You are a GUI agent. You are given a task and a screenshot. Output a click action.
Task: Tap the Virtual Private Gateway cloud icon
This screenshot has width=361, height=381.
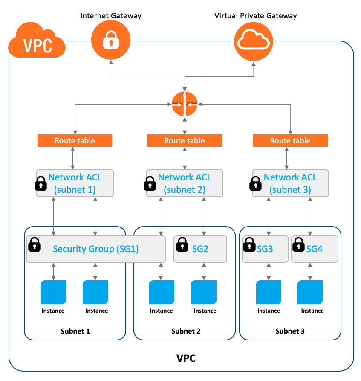coord(254,41)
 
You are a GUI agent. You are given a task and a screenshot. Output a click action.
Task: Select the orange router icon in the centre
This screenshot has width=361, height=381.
coord(185,104)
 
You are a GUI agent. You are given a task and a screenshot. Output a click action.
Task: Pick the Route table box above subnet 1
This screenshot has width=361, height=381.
coord(75,140)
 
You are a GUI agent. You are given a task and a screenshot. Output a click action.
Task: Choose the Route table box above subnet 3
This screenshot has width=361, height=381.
coord(290,140)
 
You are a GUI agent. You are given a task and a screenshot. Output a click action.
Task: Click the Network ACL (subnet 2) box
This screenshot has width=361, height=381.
coord(185,183)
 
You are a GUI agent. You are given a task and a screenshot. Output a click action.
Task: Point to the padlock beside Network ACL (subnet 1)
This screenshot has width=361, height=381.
coord(41,184)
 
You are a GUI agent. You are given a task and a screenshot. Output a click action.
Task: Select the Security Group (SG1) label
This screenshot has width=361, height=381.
coord(96,249)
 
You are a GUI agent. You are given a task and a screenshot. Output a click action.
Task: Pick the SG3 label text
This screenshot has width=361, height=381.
coord(265,249)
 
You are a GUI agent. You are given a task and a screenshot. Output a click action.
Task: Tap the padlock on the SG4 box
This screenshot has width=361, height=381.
coord(298,244)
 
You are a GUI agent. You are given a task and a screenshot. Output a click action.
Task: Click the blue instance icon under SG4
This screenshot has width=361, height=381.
coord(310,292)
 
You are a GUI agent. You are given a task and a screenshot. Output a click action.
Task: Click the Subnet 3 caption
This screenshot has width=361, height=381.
coord(290,331)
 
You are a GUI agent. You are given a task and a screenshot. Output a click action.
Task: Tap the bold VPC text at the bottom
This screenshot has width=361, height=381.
coord(186,358)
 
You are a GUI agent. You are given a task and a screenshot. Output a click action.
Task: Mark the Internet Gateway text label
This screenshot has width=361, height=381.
coord(111,16)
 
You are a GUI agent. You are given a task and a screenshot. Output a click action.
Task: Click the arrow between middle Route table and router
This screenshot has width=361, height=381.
coord(185,126)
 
